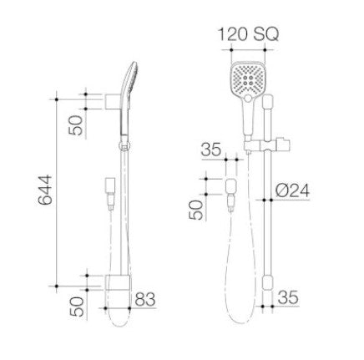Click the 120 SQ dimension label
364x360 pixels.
coord(248,34)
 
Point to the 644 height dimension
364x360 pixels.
coord(45,190)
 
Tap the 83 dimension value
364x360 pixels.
coord(145,299)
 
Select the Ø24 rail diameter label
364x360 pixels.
coord(292,191)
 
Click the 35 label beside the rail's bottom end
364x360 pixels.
coord(288,297)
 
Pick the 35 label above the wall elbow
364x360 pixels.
coord(211,150)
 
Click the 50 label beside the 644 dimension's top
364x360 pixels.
coord(76,125)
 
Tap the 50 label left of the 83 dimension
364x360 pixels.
coord(77,307)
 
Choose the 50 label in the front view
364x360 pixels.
coord(195,210)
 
